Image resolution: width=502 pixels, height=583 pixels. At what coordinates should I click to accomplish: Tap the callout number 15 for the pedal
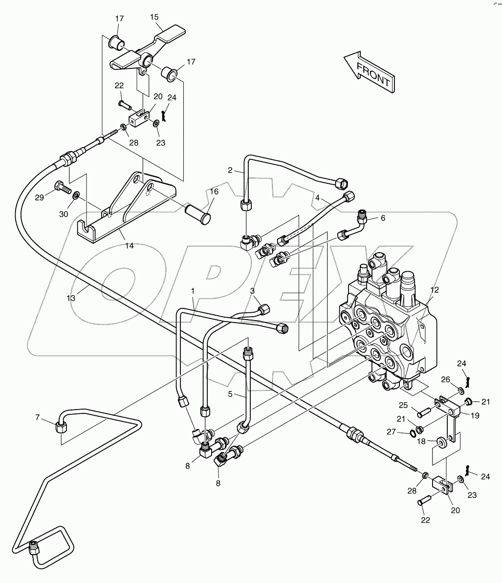tap(154, 17)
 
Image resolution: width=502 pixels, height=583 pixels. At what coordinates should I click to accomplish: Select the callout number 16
tap(214, 192)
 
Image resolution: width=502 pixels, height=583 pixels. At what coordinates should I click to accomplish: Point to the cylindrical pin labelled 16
tap(198, 213)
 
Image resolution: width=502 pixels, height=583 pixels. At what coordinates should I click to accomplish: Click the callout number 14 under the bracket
tap(129, 246)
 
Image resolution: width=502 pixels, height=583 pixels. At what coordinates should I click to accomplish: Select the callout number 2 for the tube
tap(230, 171)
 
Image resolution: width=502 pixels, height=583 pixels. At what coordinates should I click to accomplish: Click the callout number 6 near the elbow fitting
tap(383, 218)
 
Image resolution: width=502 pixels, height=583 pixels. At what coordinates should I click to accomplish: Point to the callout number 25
tap(402, 405)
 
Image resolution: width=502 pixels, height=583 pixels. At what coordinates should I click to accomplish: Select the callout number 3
tap(253, 291)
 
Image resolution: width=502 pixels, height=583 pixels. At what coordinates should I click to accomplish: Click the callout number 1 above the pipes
tap(193, 291)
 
